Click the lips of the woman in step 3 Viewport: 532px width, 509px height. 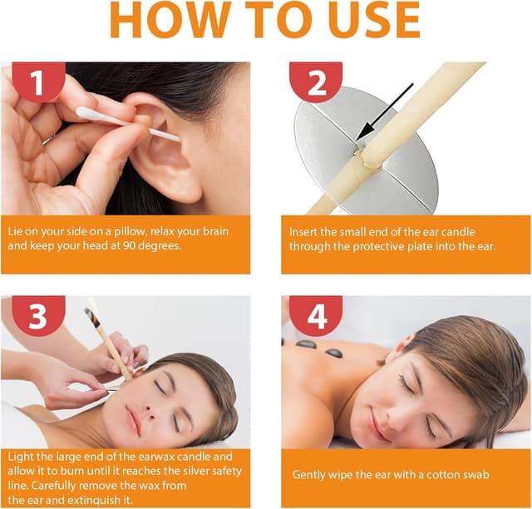pyautogui.click(x=133, y=420)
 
